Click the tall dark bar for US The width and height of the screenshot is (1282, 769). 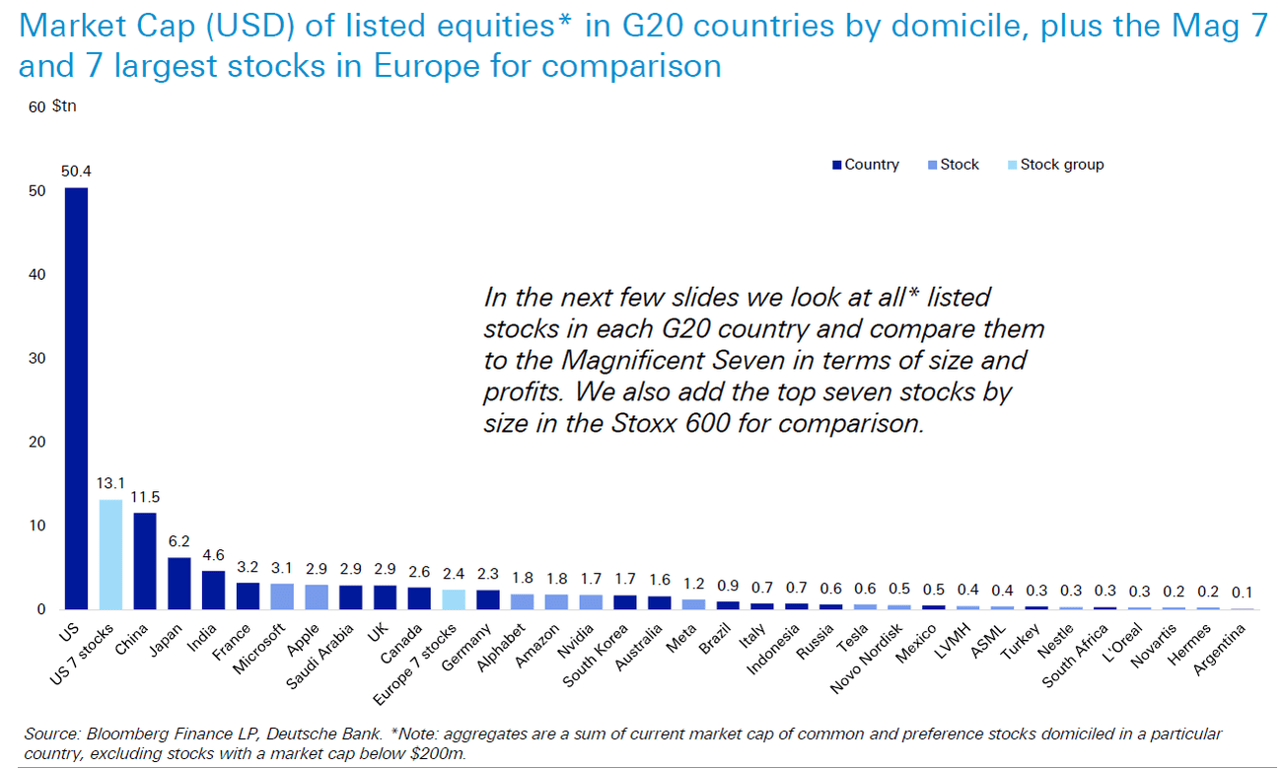(x=76, y=398)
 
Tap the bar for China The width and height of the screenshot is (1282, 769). (x=145, y=561)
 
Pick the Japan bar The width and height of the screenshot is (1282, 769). (x=178, y=583)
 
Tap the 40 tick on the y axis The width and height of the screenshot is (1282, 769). (x=37, y=275)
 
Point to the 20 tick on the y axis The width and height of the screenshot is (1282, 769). (x=37, y=443)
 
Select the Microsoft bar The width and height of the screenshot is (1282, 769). (x=281, y=596)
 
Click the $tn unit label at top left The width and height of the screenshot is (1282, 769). (x=64, y=105)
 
